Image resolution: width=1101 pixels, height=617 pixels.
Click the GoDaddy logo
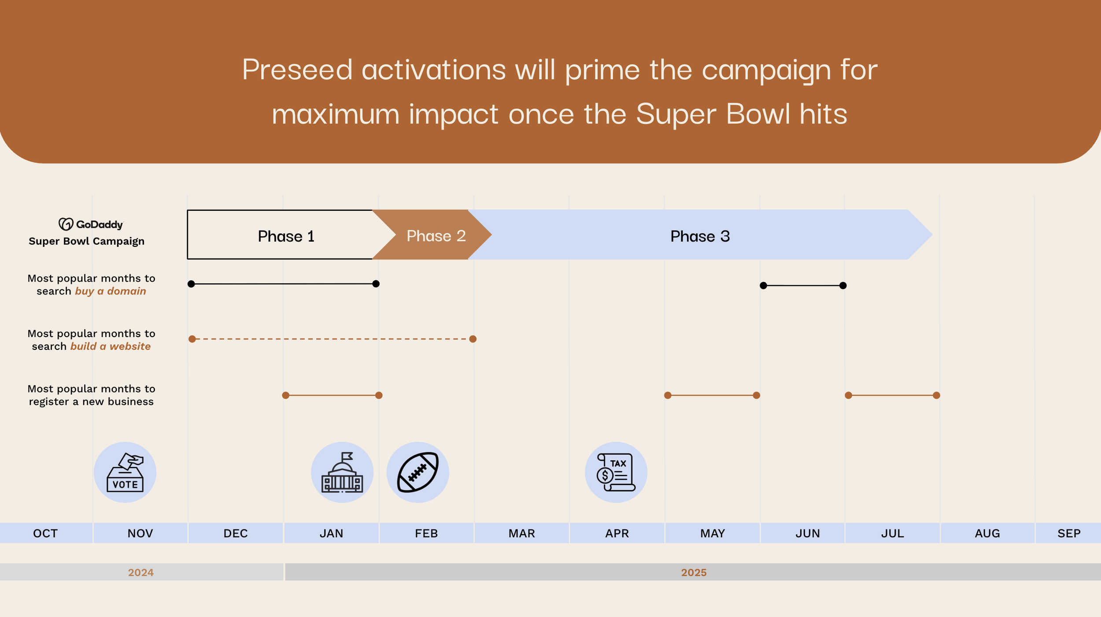pyautogui.click(x=91, y=224)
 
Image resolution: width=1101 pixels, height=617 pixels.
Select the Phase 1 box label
pyautogui.click(x=286, y=236)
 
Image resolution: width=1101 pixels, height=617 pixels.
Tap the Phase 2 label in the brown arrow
pyautogui.click(x=436, y=236)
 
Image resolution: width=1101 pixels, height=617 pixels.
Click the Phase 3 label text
pyautogui.click(x=700, y=236)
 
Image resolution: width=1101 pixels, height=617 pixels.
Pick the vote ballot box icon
pyautogui.click(x=125, y=472)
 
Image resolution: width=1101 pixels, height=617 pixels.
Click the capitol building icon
pyautogui.click(x=342, y=472)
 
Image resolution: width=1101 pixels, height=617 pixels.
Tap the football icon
pyautogui.click(x=417, y=472)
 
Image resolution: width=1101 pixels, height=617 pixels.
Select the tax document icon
pyautogui.click(x=616, y=472)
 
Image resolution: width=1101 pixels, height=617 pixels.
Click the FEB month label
pyautogui.click(x=426, y=533)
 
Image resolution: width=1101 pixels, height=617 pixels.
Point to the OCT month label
pyautogui.click(x=45, y=533)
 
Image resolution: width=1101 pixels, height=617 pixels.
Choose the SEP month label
pyautogui.click(x=1069, y=533)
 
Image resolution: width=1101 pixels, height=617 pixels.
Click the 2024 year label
pyautogui.click(x=140, y=573)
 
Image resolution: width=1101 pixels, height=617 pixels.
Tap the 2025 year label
pyautogui.click(x=694, y=573)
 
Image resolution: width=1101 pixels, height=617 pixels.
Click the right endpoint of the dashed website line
pyautogui.click(x=473, y=339)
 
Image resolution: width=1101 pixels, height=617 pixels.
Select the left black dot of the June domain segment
pyautogui.click(x=764, y=286)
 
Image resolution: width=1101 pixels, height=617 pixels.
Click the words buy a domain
pyautogui.click(x=110, y=291)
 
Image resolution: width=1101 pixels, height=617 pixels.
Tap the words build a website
pyautogui.click(x=110, y=346)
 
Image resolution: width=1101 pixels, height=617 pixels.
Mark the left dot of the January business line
pyautogui.click(x=286, y=395)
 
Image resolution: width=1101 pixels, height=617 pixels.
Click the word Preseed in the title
pyautogui.click(x=297, y=70)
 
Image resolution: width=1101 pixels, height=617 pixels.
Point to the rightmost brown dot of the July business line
pyautogui.click(x=937, y=395)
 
